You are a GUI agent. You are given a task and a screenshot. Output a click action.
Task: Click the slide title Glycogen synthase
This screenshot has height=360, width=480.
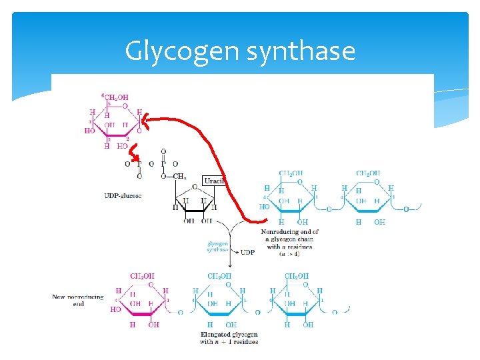tap(240, 51)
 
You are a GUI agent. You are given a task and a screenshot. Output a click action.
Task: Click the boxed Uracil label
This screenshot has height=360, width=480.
tap(215, 181)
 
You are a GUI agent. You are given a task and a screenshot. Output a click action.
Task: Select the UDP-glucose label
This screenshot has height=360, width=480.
tap(123, 195)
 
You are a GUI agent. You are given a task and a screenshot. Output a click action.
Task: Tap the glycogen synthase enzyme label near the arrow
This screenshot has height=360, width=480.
tap(217, 247)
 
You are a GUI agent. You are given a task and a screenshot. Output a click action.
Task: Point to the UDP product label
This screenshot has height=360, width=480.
tap(247, 253)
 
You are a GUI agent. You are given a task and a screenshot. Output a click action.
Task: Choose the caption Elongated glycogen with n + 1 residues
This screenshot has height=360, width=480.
tap(229, 337)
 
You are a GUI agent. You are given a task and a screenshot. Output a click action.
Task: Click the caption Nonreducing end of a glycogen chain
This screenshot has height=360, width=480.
tap(289, 239)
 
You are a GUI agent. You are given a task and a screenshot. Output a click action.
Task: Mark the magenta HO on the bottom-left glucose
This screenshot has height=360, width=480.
tap(115, 310)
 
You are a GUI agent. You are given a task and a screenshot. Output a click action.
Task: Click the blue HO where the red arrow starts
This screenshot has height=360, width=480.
tap(265, 207)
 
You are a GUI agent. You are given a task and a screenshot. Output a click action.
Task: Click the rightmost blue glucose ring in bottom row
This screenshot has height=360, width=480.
tap(297, 299)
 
